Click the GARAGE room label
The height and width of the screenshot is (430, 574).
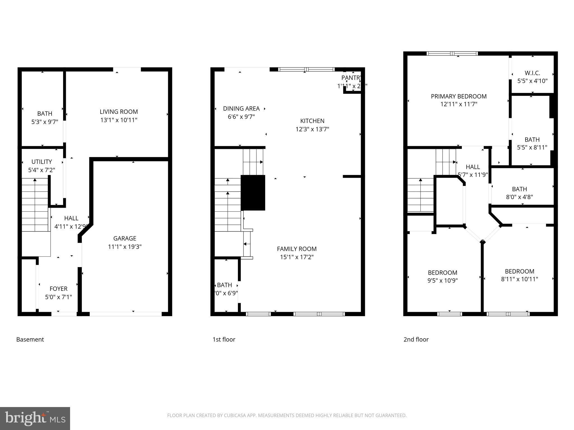point(125,239)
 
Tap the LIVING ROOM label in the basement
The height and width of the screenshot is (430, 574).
point(119,112)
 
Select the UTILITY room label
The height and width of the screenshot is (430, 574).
point(41,162)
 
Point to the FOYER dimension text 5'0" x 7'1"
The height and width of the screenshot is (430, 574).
point(58,297)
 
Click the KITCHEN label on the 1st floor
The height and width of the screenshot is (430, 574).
point(312,121)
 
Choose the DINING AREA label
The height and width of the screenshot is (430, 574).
point(241,109)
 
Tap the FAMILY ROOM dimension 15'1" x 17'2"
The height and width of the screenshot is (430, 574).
point(297,257)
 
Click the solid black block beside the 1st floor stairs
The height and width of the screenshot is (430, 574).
point(253,193)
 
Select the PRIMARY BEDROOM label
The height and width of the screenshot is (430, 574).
point(459,97)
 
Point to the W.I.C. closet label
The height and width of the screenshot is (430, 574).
point(532,73)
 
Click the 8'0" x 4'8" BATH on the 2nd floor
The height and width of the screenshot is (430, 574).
point(519,193)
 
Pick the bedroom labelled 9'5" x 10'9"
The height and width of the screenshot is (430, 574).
point(442,277)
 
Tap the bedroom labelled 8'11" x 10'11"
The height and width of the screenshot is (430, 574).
point(519,275)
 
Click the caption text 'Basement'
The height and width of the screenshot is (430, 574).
point(30,340)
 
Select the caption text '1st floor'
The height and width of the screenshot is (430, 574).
point(224,340)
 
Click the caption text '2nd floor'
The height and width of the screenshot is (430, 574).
point(416,340)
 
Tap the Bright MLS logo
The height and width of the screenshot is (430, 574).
point(35,418)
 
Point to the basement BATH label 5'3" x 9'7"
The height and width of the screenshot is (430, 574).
point(45,118)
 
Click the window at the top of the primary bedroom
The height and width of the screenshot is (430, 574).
point(452,53)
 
